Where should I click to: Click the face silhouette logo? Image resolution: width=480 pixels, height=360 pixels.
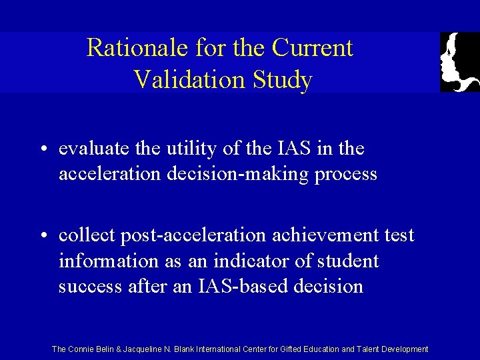459,61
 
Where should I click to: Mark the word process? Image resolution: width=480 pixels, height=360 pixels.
347,175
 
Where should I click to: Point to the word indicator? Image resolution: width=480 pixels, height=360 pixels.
261,261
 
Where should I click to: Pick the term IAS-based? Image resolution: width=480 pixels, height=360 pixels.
234,287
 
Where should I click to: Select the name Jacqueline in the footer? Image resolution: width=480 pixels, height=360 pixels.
147,349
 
